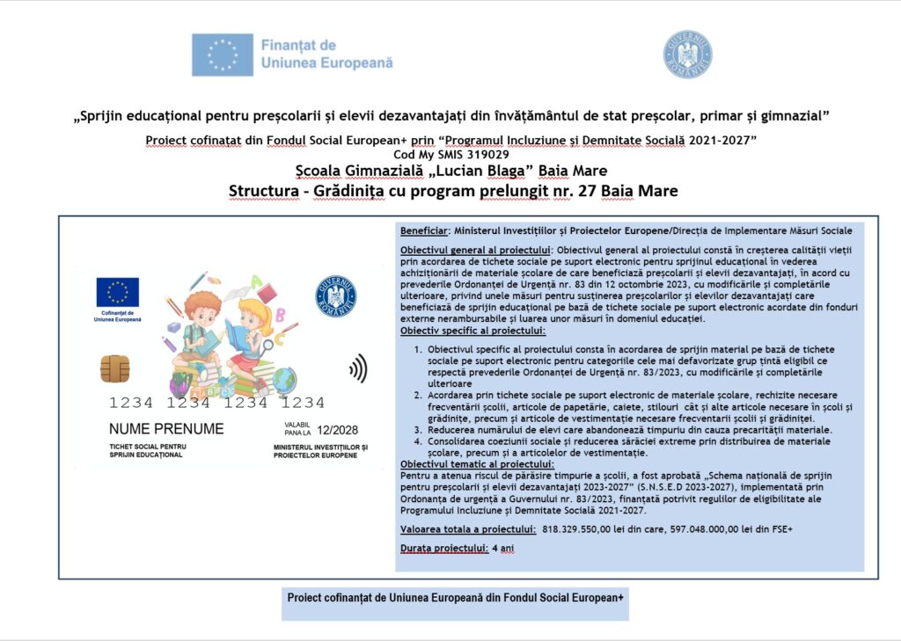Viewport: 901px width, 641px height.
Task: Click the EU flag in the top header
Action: click(223, 55)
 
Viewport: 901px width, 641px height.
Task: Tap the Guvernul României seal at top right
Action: click(687, 55)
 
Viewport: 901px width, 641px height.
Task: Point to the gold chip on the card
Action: click(114, 368)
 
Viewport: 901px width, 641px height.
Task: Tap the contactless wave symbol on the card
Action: click(357, 368)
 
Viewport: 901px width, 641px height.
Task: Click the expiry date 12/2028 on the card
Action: click(339, 430)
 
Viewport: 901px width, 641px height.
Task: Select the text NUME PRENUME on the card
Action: click(166, 429)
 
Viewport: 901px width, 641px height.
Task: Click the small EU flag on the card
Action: click(117, 292)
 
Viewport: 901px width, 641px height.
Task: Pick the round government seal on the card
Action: click(336, 297)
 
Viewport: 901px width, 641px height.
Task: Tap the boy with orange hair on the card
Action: click(201, 330)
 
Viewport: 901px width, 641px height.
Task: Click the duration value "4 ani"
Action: click(502, 549)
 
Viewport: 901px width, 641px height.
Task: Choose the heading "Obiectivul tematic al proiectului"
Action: click(472, 463)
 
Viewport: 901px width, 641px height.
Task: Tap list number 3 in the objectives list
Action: click(418, 431)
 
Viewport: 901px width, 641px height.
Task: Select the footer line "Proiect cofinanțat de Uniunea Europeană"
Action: click(455, 598)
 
